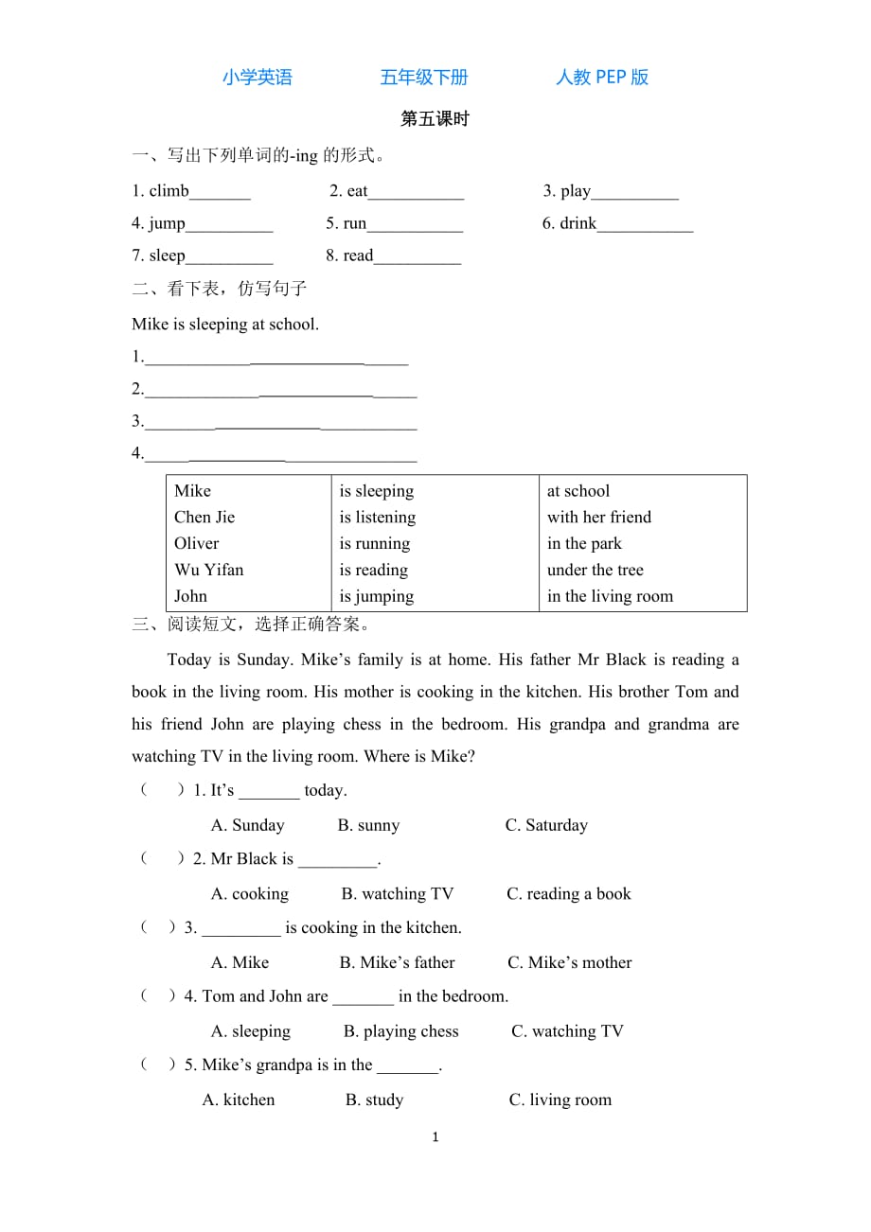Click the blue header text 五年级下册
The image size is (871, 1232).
click(x=423, y=78)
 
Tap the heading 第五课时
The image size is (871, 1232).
click(x=435, y=119)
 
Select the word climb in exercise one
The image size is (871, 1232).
click(x=169, y=191)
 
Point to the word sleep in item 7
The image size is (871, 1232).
click(x=167, y=255)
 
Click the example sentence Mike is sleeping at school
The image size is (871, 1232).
click(x=225, y=325)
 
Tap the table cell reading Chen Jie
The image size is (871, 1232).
click(x=204, y=518)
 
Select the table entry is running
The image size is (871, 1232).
click(x=375, y=544)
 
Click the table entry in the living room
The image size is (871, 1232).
click(x=610, y=597)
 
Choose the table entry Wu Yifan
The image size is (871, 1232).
click(x=208, y=571)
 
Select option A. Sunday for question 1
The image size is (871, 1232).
click(x=247, y=826)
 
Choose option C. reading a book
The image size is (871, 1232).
click(x=568, y=894)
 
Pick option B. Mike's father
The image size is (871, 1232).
click(x=397, y=963)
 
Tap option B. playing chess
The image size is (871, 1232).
click(x=400, y=1032)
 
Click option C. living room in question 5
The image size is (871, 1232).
click(x=560, y=1100)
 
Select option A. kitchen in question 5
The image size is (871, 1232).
click(x=239, y=1100)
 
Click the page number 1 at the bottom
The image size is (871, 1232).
click(x=435, y=1137)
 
